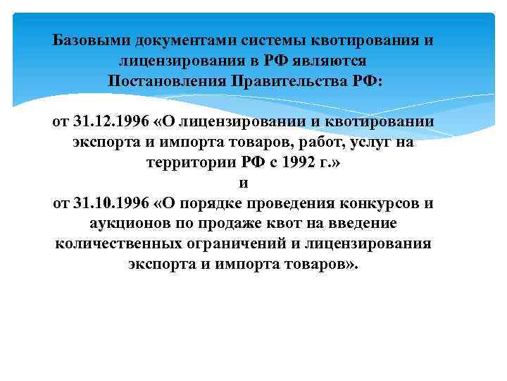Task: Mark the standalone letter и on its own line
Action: [244, 183]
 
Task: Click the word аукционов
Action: [127, 224]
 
